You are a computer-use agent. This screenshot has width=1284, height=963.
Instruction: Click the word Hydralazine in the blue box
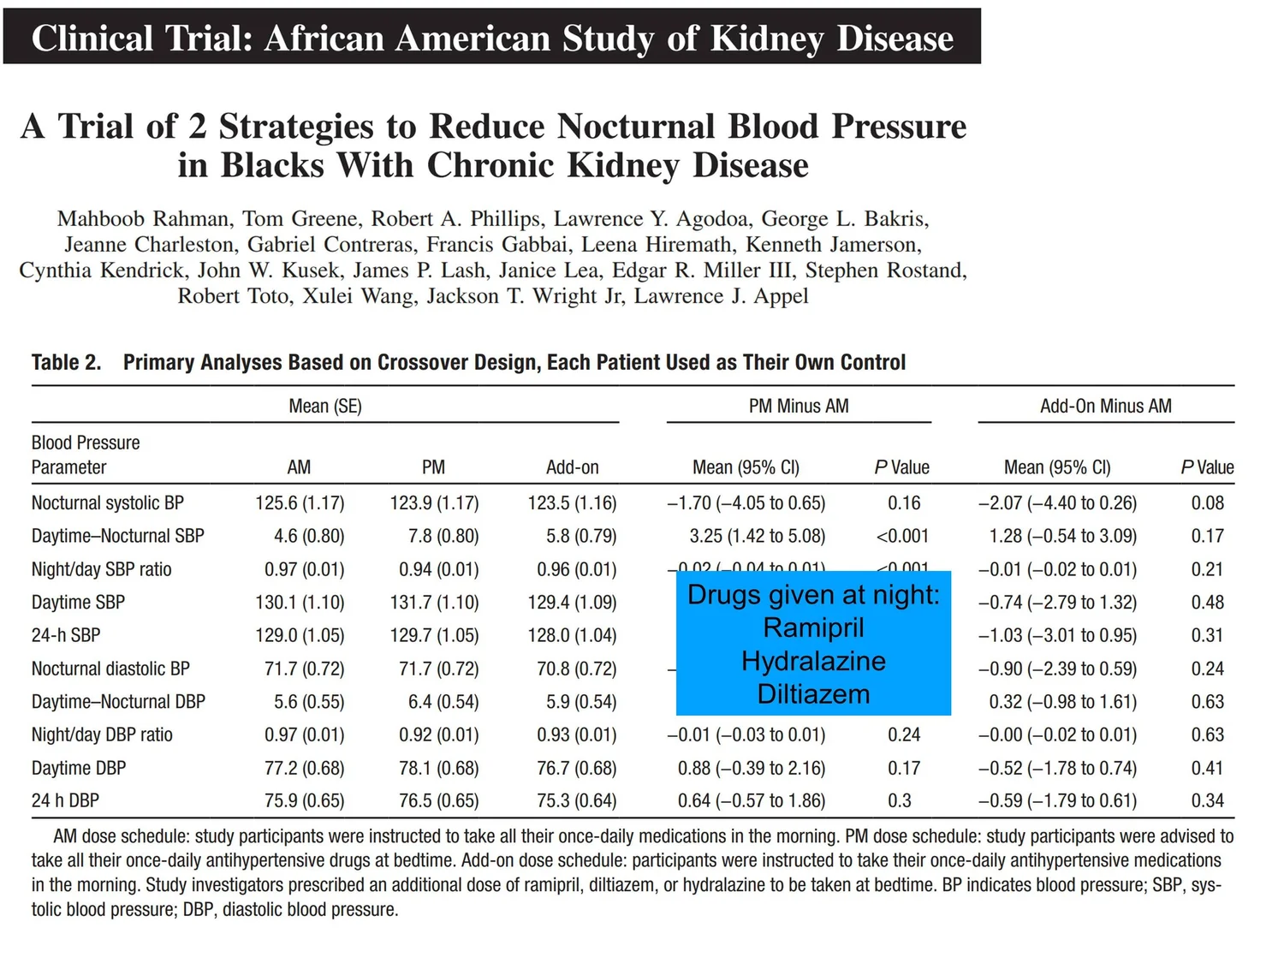[x=813, y=662]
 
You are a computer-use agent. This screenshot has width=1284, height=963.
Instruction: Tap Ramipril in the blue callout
[x=813, y=628]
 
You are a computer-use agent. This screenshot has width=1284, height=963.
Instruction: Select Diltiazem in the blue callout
[x=813, y=694]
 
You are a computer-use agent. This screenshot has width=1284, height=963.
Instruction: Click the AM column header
[x=299, y=467]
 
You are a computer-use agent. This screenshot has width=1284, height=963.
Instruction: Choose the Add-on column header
[x=572, y=467]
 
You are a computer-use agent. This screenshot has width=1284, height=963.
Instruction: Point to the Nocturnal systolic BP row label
[x=108, y=502]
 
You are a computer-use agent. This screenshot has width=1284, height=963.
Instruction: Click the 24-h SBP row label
[x=66, y=635]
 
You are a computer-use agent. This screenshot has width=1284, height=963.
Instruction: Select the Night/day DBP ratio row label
[x=102, y=734]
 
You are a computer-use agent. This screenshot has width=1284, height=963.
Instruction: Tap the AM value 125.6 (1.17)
[x=300, y=502]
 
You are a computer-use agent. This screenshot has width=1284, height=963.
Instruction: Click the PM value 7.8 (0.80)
[x=443, y=536]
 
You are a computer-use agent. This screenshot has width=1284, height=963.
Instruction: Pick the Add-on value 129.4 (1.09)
[x=572, y=603]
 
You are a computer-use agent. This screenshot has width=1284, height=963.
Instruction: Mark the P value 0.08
[x=1207, y=502]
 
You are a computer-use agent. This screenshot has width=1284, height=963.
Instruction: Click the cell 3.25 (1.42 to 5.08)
[x=757, y=536]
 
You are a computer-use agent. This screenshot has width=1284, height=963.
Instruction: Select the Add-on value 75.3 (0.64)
[x=577, y=800]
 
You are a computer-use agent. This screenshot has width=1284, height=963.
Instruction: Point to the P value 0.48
[x=1207, y=603]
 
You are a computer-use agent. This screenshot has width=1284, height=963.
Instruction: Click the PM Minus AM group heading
[x=799, y=406]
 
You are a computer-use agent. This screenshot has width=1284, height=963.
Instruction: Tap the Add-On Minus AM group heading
[x=1106, y=406]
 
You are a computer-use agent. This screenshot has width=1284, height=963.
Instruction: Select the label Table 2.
[x=66, y=362]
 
